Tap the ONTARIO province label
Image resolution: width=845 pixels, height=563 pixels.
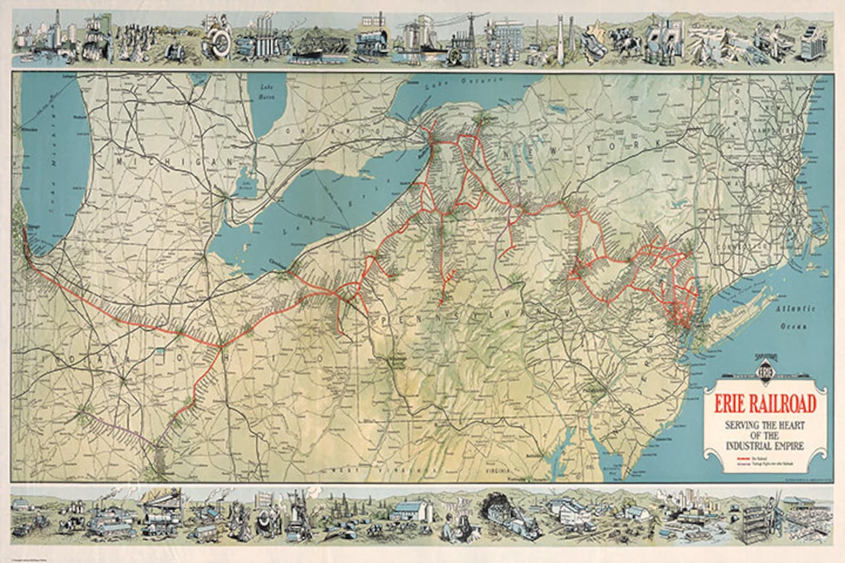[x=324, y=130]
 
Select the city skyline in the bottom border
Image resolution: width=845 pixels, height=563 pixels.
[x=692, y=502]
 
